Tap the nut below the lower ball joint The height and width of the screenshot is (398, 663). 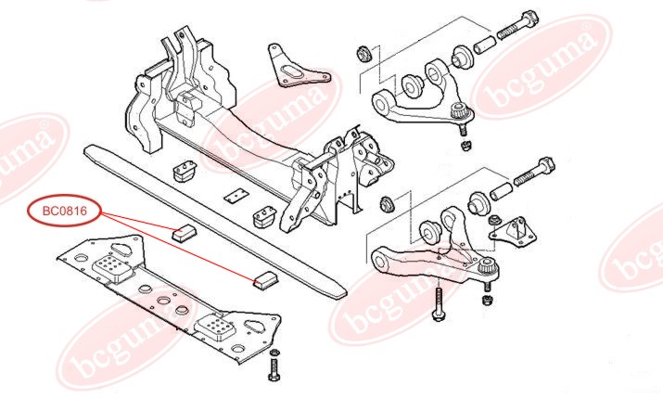click(486, 300)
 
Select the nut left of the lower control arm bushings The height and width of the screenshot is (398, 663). click(388, 203)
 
